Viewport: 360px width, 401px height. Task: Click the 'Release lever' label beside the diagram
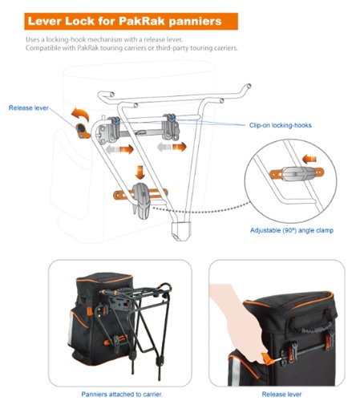28,107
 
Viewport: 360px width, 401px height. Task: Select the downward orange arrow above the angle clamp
139,172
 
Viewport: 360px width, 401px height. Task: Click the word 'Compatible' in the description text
46,48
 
